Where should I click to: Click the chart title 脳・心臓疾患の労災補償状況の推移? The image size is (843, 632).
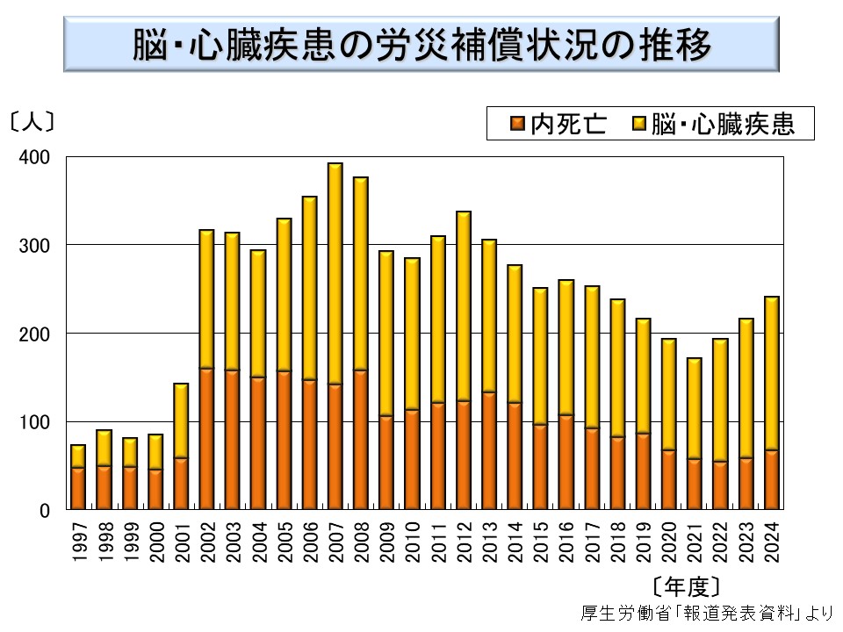point(421,46)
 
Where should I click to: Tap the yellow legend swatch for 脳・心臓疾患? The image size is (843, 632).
point(640,125)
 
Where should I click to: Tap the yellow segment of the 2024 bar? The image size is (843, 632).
point(771,373)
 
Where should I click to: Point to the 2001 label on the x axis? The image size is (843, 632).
point(181,539)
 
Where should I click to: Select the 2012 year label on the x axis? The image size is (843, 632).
point(464,539)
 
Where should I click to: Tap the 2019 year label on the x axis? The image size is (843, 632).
point(644,539)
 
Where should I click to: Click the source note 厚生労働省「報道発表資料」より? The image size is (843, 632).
point(706,613)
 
